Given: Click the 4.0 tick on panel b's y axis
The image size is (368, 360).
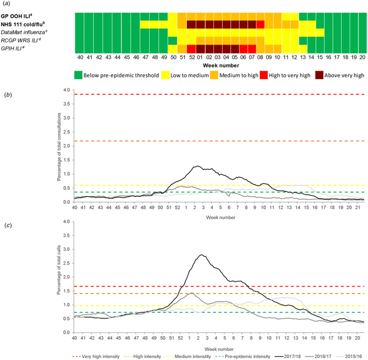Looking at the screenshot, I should coord(67,90).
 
